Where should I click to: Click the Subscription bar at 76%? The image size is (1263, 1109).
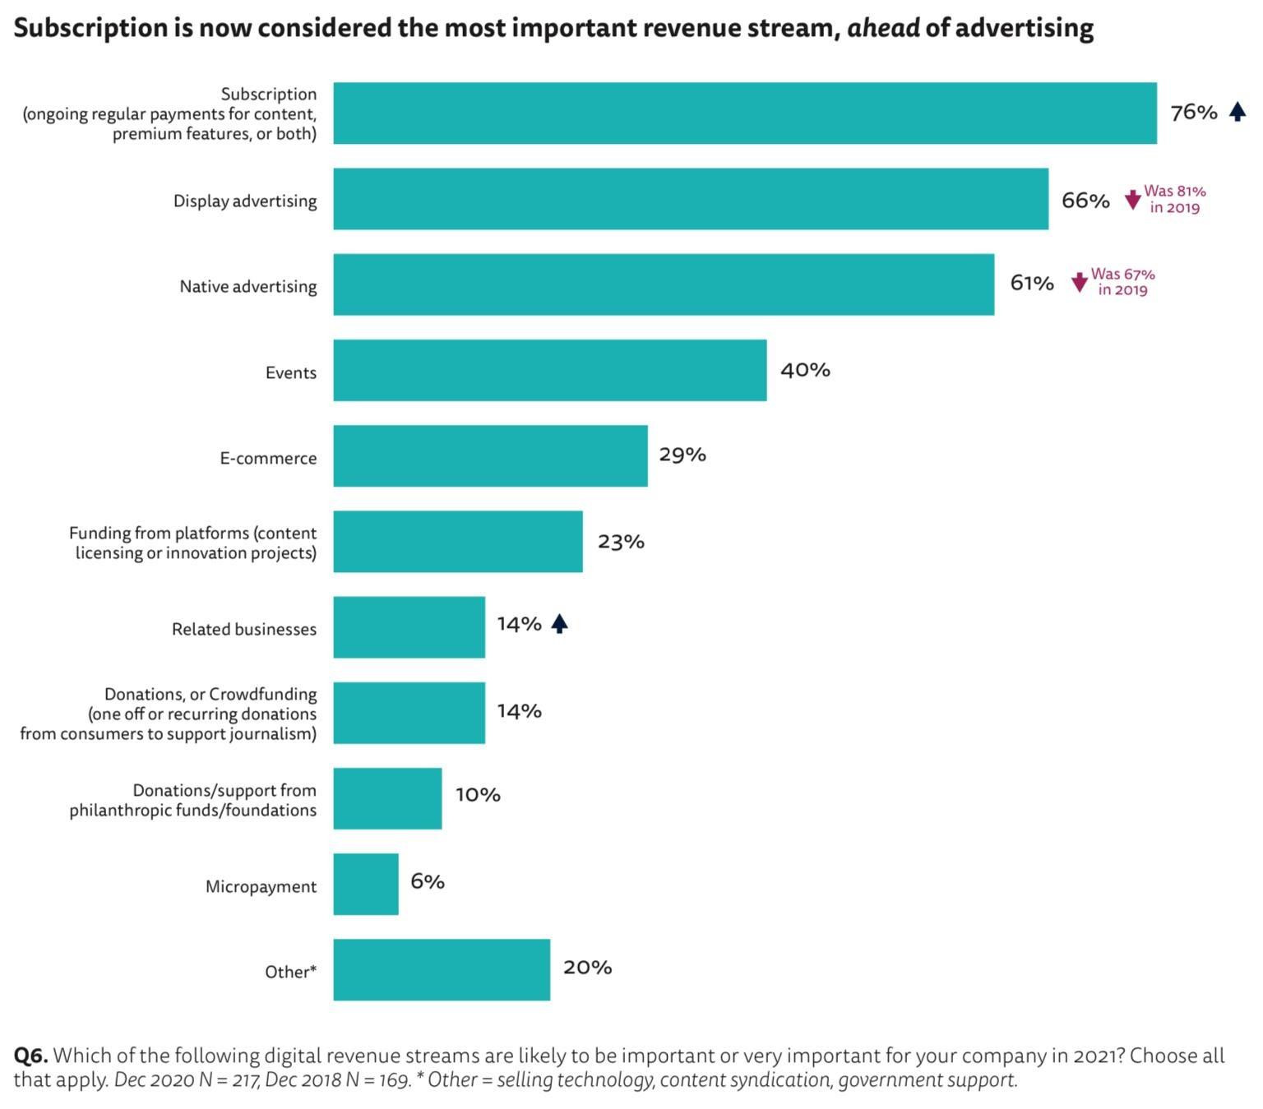744,113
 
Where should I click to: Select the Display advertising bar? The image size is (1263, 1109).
691,199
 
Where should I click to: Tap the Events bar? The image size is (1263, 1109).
549,370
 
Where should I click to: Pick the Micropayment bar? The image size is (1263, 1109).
366,884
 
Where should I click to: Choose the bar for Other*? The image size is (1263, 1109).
442,969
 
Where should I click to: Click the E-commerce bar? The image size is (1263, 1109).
490,455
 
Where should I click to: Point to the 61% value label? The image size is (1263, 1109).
1031,283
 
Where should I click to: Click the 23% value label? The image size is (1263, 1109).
621,542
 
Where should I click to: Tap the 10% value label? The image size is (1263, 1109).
478,795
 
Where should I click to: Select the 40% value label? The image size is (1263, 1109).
805,370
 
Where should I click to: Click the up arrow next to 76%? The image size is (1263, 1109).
1237,112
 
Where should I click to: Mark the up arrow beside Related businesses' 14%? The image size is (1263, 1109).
559,624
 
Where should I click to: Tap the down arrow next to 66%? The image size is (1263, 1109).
1132,200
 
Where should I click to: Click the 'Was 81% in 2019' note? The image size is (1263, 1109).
1174,199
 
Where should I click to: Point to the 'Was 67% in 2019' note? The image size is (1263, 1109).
1122,282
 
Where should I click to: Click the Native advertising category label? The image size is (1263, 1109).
248,286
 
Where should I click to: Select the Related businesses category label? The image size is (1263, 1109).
244,629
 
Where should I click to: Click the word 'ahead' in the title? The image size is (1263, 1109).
883,28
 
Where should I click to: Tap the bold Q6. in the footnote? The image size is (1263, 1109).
30,1056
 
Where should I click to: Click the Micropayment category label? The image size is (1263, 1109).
261,886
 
